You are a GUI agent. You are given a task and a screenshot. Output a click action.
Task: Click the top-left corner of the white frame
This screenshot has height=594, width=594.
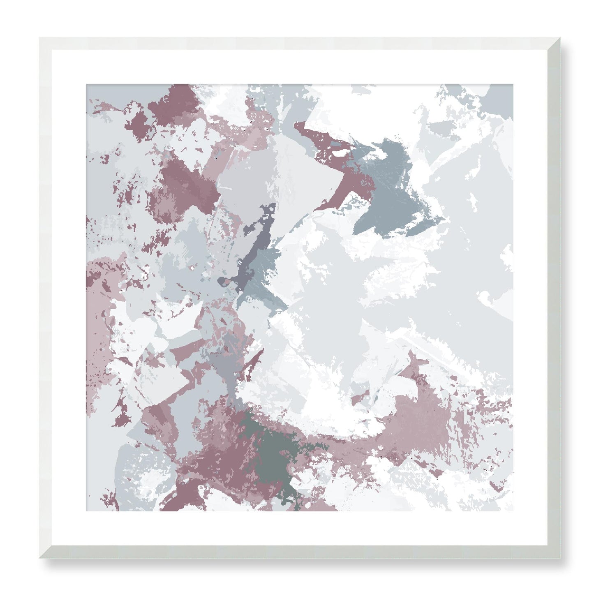click(x=39, y=38)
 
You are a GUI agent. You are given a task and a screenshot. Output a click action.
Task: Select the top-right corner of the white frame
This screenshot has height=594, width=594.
click(x=560, y=38)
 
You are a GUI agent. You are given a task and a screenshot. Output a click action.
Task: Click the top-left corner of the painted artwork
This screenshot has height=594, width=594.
click(x=86, y=84)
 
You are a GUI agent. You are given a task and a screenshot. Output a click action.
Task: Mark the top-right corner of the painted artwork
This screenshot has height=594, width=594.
click(x=513, y=84)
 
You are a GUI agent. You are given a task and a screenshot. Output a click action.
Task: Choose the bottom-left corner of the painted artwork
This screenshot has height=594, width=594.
click(x=86, y=511)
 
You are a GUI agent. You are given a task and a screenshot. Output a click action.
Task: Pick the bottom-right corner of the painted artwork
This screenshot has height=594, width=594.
click(x=513, y=511)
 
